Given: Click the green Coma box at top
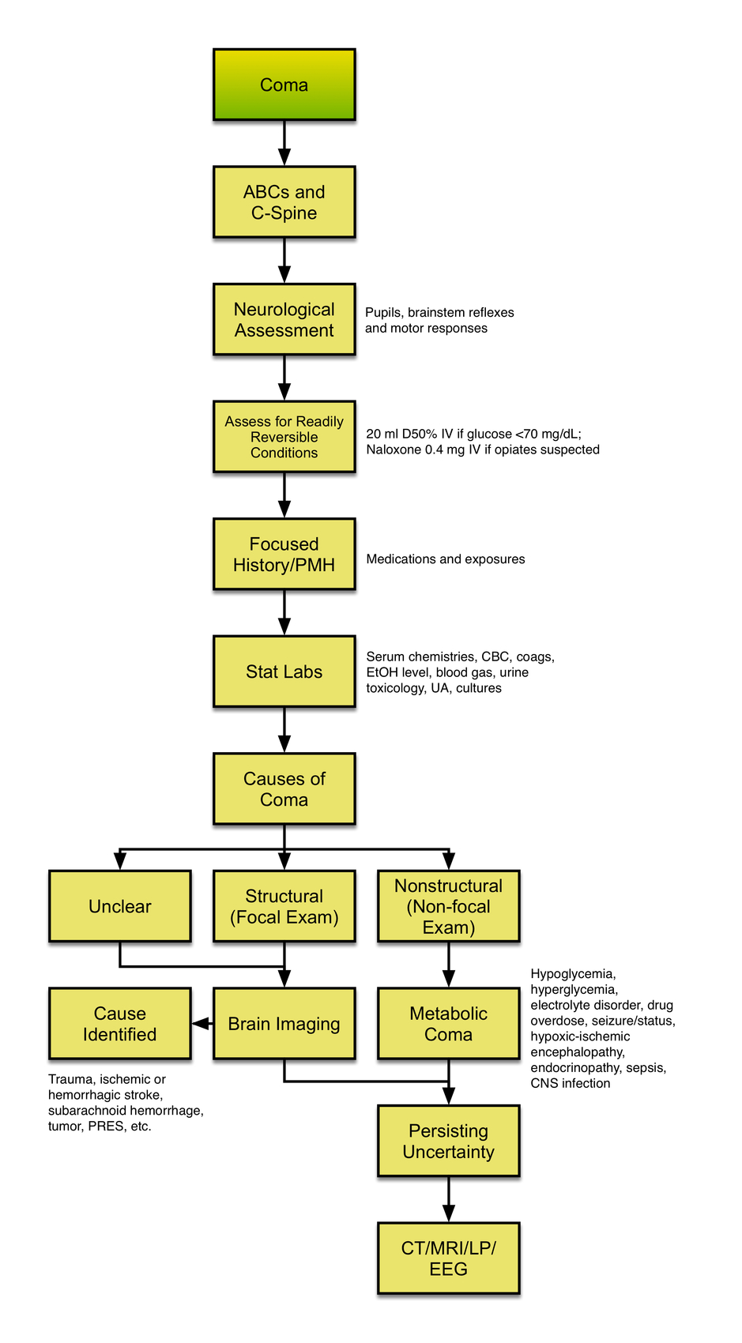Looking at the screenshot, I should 284,85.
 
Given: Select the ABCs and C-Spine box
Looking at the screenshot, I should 284,202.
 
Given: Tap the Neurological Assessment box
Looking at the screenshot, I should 284,319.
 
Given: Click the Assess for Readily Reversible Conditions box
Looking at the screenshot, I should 284,437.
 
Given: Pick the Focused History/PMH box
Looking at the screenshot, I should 284,554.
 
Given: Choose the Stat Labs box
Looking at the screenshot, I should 284,671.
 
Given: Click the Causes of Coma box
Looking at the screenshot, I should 284,788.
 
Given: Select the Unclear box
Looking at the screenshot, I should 119,906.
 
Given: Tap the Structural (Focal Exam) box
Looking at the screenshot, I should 284,906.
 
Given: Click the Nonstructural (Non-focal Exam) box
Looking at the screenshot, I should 448,906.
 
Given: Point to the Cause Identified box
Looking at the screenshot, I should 119,1023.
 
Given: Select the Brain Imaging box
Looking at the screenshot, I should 284,1023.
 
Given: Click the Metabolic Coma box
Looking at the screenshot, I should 448,1023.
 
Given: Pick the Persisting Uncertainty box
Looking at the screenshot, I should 448,1141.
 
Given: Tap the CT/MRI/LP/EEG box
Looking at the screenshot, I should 448,1258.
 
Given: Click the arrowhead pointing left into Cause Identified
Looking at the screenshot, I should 201,1023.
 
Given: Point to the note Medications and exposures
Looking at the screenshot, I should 445,559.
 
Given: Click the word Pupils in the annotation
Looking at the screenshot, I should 382,313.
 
